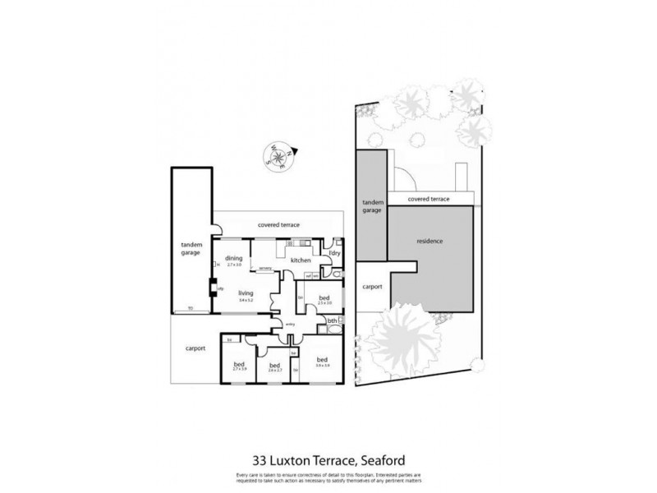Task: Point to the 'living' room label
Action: pos(245,293)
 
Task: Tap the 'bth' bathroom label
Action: pos(332,319)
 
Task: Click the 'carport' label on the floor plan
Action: pos(195,348)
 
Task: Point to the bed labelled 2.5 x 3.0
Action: pos(324,299)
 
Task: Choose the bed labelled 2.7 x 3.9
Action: pos(239,366)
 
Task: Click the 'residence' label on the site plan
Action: pos(430,241)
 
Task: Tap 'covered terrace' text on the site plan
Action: pos(428,198)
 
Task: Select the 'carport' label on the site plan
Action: pos(372,287)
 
